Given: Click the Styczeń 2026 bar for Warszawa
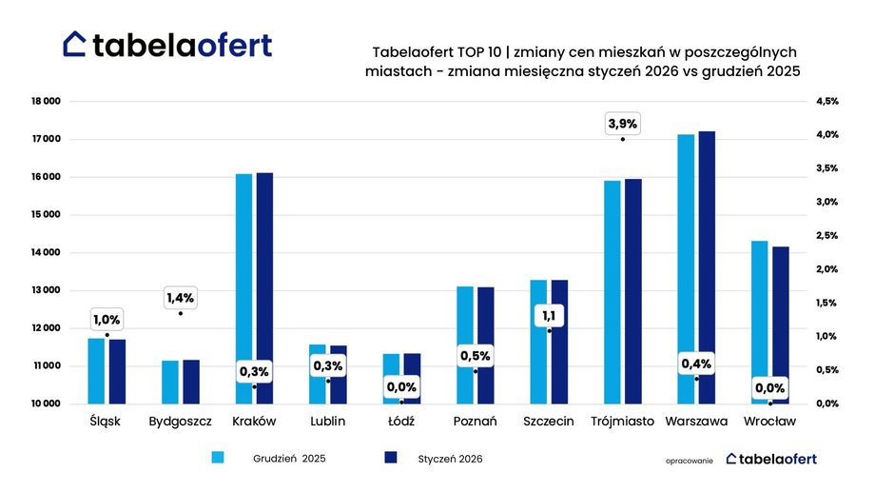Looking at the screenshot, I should pyautogui.click(x=707, y=267).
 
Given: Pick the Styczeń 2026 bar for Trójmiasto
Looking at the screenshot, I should pyautogui.click(x=633, y=291).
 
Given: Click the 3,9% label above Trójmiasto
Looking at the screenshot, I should pyautogui.click(x=623, y=124).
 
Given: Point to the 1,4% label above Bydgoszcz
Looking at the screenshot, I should pyautogui.click(x=180, y=298).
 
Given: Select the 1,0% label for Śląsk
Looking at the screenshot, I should pyautogui.click(x=107, y=320).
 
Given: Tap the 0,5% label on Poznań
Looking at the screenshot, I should pyautogui.click(x=475, y=356).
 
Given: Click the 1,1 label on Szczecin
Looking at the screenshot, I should pyautogui.click(x=549, y=316).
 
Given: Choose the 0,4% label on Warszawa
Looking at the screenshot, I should pyautogui.click(x=696, y=364).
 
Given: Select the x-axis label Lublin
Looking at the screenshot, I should pyautogui.click(x=327, y=421).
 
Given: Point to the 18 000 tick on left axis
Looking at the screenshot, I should pyautogui.click(x=46, y=101).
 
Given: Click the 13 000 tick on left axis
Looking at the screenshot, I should pyautogui.click(x=46, y=290).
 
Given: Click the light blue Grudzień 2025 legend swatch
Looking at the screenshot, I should pyautogui.click(x=217, y=459).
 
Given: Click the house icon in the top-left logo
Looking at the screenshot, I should pyautogui.click(x=75, y=44).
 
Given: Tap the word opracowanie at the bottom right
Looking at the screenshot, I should pyautogui.click(x=690, y=460).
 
